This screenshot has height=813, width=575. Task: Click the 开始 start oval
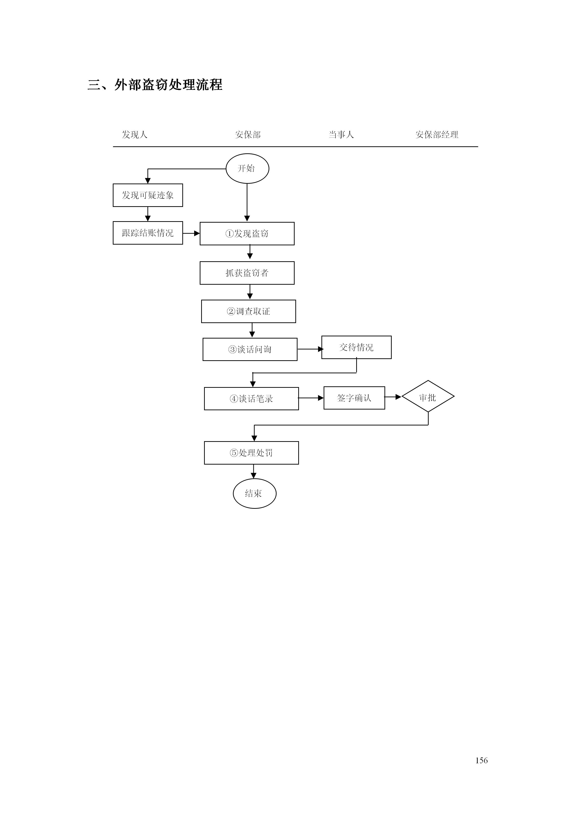point(247,169)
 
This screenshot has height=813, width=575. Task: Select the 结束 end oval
point(254,494)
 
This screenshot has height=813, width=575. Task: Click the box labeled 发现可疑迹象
point(148,195)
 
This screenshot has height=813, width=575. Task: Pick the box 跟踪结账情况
point(148,233)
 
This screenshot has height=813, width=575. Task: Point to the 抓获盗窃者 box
point(247,273)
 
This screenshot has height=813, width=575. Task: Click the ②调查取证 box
point(248,311)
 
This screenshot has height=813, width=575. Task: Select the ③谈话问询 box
point(250,349)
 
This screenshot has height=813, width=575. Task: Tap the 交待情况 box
point(356,347)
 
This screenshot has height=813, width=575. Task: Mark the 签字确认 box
point(354,398)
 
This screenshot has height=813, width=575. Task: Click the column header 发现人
point(135,134)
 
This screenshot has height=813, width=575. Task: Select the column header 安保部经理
point(437,134)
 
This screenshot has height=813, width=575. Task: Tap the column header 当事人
point(341,134)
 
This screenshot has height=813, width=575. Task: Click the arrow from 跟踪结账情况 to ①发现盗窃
point(191,233)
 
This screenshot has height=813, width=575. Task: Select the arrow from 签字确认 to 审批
point(393,397)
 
